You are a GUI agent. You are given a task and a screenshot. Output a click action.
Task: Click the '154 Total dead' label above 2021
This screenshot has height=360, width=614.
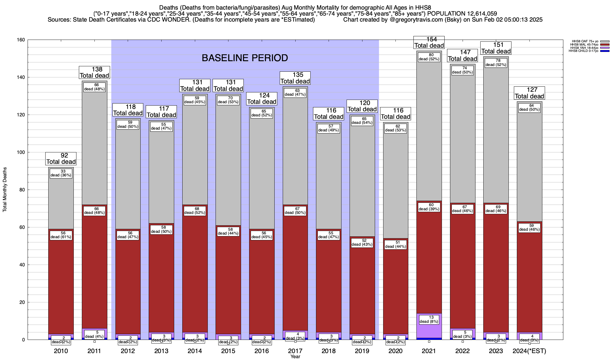pyautogui.click(x=429, y=42)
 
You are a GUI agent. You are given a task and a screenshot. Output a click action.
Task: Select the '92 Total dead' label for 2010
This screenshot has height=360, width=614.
pyautogui.click(x=61, y=159)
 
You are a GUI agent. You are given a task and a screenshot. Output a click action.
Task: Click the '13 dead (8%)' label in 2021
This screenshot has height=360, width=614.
pyautogui.click(x=429, y=319)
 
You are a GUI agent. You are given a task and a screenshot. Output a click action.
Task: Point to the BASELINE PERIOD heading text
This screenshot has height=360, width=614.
pyautogui.click(x=245, y=58)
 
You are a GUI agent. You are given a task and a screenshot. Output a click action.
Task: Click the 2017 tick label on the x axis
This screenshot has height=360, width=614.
pyautogui.click(x=295, y=351)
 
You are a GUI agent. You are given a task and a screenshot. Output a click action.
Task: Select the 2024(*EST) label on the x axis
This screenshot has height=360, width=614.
pyautogui.click(x=529, y=351)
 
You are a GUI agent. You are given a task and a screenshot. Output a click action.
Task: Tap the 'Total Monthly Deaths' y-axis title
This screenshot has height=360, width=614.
pyautogui.click(x=5, y=190)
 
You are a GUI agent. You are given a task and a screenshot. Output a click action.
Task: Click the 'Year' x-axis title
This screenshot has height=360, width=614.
pyautogui.click(x=295, y=357)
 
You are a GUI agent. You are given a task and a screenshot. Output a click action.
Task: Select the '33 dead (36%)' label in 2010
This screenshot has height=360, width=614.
pyautogui.click(x=61, y=173)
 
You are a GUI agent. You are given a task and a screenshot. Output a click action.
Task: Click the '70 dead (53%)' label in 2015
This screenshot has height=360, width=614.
pyautogui.click(x=228, y=100)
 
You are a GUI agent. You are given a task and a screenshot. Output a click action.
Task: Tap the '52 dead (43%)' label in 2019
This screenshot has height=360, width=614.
pyautogui.click(x=362, y=242)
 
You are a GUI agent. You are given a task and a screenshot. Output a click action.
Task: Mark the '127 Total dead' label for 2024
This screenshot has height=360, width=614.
pyautogui.click(x=529, y=93)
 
